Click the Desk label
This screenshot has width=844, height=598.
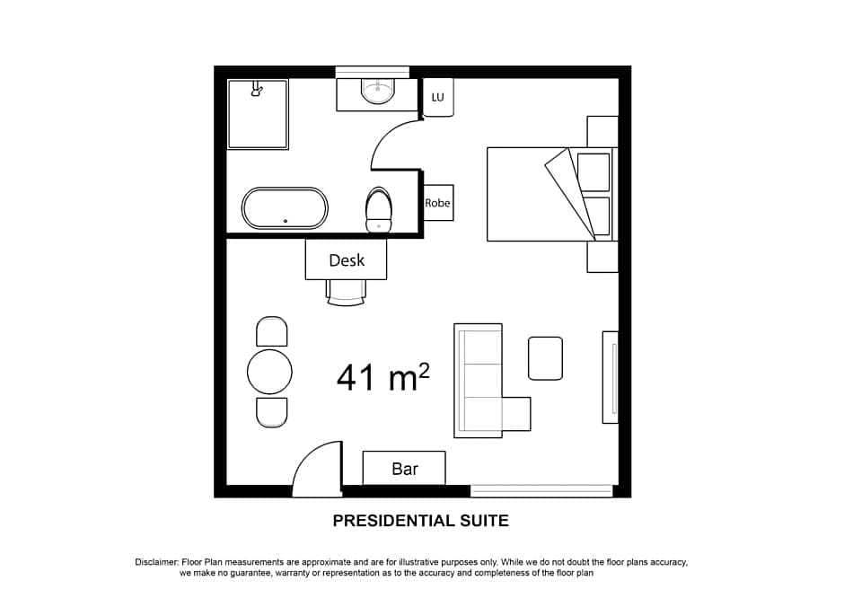tap(347, 260)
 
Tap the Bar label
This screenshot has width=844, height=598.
tap(405, 469)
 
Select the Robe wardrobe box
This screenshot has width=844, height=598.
tap(438, 203)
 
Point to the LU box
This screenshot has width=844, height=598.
tap(438, 97)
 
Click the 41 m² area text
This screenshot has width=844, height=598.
tap(382, 377)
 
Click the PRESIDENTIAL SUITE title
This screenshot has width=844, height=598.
tap(420, 521)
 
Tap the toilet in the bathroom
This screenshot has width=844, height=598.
tap(379, 210)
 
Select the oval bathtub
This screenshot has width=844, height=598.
tap(285, 208)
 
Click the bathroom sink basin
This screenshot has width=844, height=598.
tap(377, 91)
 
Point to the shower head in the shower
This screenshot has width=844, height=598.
tap(257, 89)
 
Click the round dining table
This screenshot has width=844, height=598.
tap(270, 372)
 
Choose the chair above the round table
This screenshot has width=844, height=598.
tap(271, 332)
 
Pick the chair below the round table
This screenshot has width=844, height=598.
tap(271, 412)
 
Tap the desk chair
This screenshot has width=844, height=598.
tap(347, 292)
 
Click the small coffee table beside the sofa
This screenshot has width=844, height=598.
tap(545, 358)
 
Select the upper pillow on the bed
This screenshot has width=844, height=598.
tap(593, 171)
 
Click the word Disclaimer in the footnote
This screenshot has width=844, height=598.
tap(157, 562)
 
